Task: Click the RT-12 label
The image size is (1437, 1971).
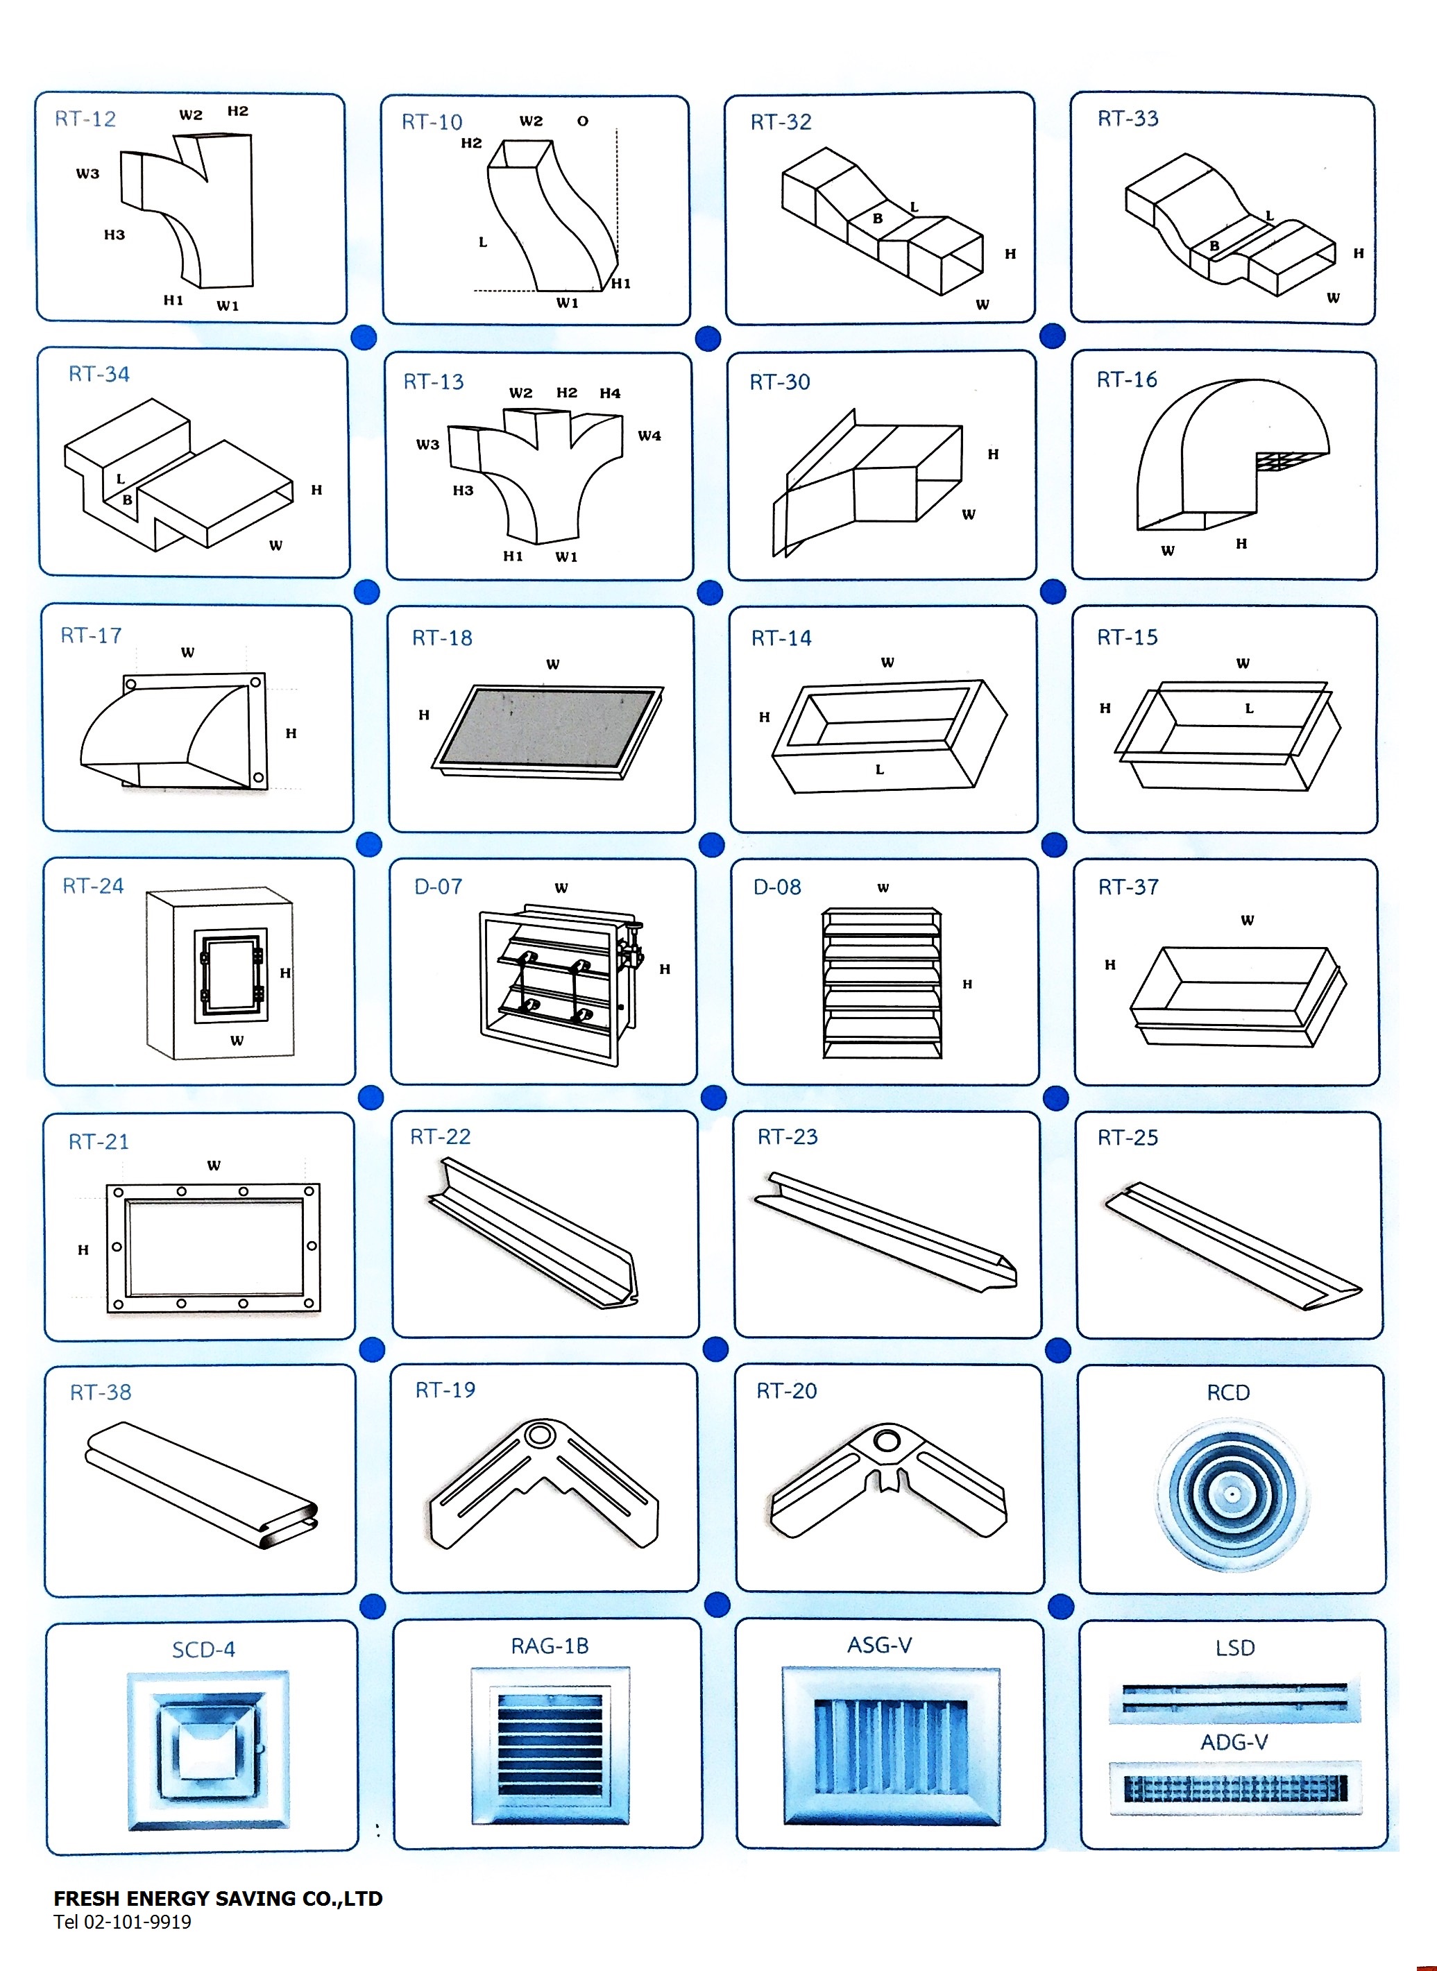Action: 85,119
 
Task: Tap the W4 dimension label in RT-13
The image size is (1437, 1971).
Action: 649,436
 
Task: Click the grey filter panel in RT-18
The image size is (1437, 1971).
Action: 548,726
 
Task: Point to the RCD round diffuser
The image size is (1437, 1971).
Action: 1231,1494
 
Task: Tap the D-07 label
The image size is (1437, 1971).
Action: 438,887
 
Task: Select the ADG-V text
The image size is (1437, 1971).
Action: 1234,1742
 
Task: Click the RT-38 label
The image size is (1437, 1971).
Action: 100,1392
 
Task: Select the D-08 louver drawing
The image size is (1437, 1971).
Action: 882,983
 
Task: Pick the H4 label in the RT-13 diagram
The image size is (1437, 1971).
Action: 610,393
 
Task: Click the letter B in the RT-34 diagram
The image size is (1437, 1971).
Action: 127,500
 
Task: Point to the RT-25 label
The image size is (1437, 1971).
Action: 1128,1138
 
